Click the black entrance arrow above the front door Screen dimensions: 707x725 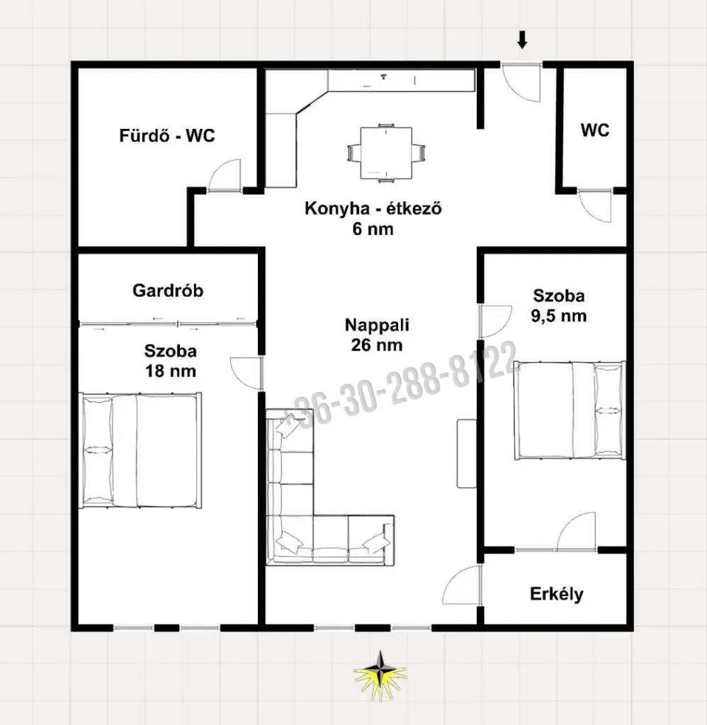point(522,40)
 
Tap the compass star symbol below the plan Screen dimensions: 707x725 point(380,675)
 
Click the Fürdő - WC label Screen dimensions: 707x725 point(167,135)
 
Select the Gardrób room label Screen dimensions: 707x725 point(168,290)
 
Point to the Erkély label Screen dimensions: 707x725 point(557,594)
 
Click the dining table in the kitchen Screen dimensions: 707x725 point(386,153)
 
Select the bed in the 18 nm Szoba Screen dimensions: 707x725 point(141,451)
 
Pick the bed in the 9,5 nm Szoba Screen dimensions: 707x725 point(570,411)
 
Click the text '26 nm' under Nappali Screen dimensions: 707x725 point(377,345)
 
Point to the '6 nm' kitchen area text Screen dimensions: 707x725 point(373,229)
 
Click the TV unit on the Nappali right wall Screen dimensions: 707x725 point(466,454)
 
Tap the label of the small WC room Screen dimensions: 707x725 point(595,130)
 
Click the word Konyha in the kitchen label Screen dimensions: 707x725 point(334,209)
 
